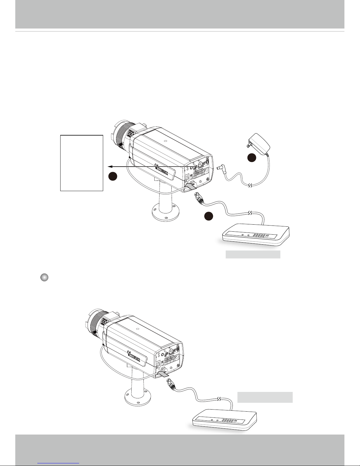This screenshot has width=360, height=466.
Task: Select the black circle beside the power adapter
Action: pos(251,158)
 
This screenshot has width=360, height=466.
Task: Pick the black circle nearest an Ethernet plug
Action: pos(209,216)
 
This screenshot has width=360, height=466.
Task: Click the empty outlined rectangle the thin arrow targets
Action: pos(81,163)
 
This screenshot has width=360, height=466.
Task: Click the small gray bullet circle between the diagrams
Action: pos(44,278)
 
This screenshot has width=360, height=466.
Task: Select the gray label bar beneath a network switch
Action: pos(253,254)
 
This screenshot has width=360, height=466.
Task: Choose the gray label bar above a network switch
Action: pos(265,397)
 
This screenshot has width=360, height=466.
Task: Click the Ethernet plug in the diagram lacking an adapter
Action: pos(171,384)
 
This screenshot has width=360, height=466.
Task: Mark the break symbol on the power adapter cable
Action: pos(250,185)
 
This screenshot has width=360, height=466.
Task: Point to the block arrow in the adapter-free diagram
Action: pos(163,373)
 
